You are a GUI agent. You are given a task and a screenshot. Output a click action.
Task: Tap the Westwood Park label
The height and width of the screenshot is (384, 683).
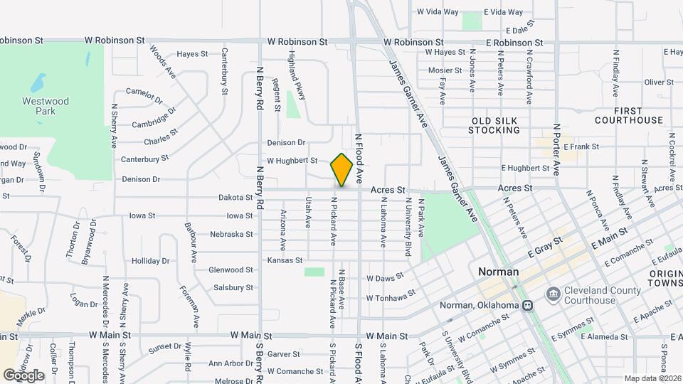click(46, 106)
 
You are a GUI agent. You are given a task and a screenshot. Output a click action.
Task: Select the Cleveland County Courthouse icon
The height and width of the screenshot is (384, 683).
click(554, 294)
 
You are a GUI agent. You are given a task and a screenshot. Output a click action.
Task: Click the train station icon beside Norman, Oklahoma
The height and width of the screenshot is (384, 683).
click(527, 306)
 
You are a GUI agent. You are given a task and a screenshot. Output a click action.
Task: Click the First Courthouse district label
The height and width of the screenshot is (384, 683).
click(638, 116)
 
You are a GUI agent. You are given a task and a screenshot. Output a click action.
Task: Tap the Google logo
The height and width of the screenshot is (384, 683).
click(23, 375)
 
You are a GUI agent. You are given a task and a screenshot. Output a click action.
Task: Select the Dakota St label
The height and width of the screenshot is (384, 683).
click(235, 198)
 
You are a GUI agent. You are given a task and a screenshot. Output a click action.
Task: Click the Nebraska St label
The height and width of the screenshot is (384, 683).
click(231, 234)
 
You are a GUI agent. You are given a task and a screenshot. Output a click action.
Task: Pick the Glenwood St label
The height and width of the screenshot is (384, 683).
click(231, 270)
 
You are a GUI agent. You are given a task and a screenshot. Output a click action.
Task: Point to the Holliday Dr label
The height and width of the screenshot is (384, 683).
click(151, 261)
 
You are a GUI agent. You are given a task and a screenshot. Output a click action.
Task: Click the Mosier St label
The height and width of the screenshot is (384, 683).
click(445, 70)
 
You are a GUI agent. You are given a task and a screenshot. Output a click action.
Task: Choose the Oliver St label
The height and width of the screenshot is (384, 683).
click(658, 82)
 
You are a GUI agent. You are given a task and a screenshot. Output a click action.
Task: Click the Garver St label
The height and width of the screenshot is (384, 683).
click(283, 353)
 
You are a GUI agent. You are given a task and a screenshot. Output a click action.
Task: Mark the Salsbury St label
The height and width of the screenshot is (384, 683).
click(233, 288)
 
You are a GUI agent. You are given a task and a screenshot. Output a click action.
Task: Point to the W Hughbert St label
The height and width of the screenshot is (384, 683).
click(292, 161)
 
